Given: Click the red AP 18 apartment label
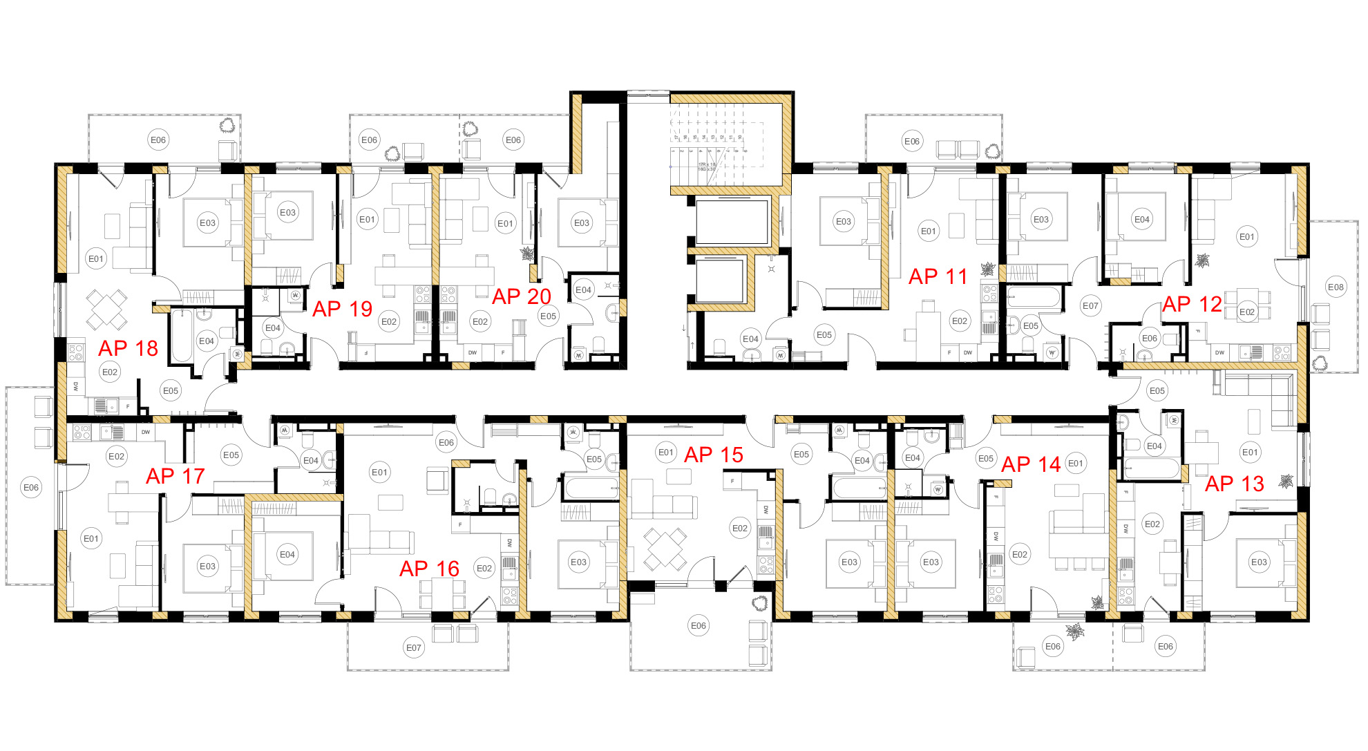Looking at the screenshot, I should tap(128, 348).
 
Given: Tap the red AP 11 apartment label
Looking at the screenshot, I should tap(938, 276).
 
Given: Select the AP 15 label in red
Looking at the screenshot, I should tap(713, 455).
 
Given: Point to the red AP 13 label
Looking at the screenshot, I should tap(1234, 484).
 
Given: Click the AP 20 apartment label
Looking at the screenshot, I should tap(521, 296).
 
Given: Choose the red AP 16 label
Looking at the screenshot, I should tap(429, 569).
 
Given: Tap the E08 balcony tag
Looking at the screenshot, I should tap(1336, 287).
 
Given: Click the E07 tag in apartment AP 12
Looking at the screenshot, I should tap(1090, 305).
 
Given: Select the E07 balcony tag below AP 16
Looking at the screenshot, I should tap(413, 647).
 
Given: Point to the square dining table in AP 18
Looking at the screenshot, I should tap(106, 309).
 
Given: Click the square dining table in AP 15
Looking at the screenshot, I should tap(665, 549).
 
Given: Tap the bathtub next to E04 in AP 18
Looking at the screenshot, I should tap(182, 336).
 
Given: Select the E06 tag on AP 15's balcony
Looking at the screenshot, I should tap(699, 625).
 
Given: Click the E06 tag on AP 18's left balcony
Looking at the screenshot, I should tap(31, 487).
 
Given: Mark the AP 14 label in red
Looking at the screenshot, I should tap(1030, 465).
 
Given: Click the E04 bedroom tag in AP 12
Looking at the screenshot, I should tap(1141, 219).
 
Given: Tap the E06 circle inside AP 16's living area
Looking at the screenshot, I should tap(446, 442).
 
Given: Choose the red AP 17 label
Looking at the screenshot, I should tap(175, 476).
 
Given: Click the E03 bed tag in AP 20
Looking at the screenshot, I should tap(582, 222).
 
